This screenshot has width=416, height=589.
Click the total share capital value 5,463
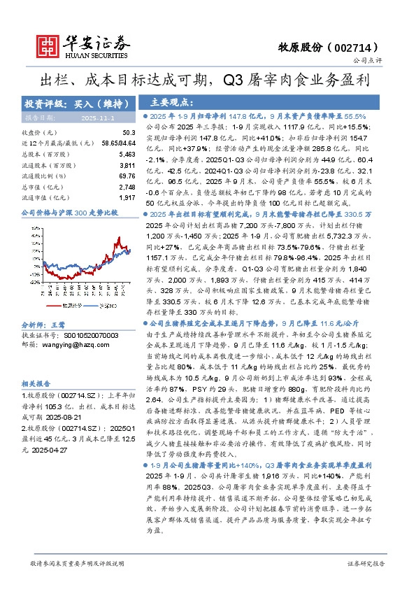click(127, 153)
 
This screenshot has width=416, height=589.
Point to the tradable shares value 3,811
click(127, 164)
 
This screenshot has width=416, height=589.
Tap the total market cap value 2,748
click(127, 187)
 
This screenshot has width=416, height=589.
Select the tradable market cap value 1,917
click(127, 198)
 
